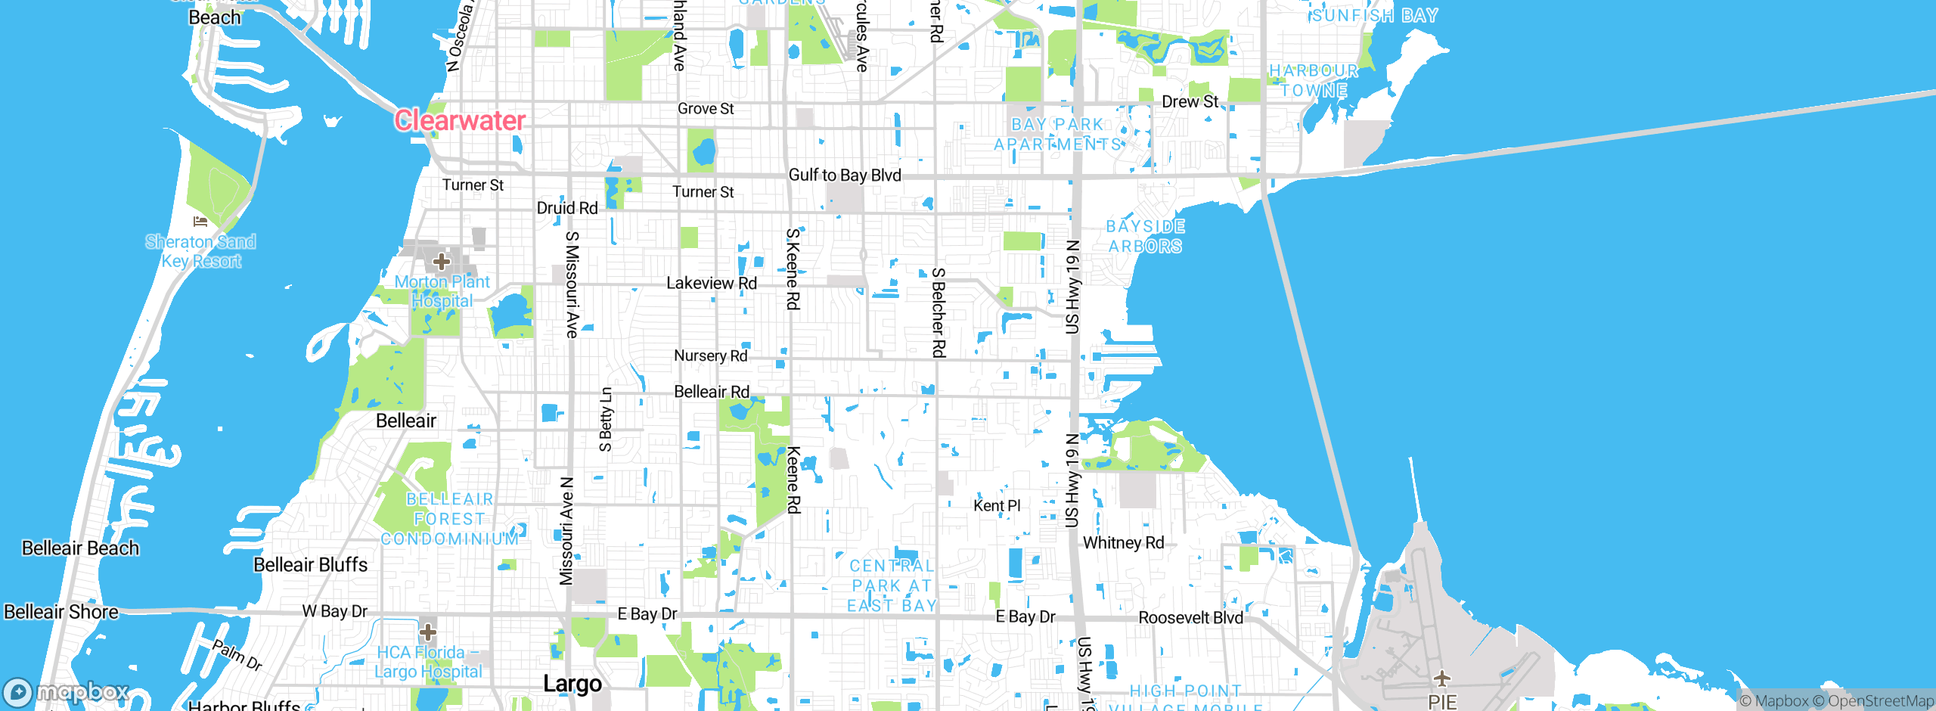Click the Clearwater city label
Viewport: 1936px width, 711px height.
(x=459, y=120)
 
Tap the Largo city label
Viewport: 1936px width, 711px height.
(x=572, y=684)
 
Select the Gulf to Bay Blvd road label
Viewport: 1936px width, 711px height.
(x=845, y=175)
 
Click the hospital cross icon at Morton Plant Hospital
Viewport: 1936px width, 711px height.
(x=442, y=262)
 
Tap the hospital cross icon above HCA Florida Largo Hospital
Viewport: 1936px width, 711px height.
(x=428, y=632)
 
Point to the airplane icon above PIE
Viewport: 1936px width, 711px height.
(x=1441, y=677)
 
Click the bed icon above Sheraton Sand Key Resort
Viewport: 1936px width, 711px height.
(x=200, y=222)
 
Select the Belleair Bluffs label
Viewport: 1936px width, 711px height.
(x=310, y=565)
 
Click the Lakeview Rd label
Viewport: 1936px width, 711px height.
(x=711, y=283)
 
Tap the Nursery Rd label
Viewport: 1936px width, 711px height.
(x=710, y=355)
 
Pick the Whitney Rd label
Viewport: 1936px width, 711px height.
(x=1123, y=543)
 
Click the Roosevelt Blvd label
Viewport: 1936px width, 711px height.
(x=1190, y=618)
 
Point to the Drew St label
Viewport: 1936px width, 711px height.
(x=1190, y=101)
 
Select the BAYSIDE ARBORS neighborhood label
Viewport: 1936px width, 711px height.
(x=1145, y=236)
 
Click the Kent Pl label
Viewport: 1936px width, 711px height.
(x=997, y=505)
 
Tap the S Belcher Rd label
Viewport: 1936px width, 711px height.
(x=939, y=312)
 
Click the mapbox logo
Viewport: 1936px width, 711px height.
(x=67, y=691)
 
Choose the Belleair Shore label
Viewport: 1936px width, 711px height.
(x=61, y=612)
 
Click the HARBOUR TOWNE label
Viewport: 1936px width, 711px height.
(x=1314, y=80)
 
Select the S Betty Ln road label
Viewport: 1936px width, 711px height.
(x=606, y=419)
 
